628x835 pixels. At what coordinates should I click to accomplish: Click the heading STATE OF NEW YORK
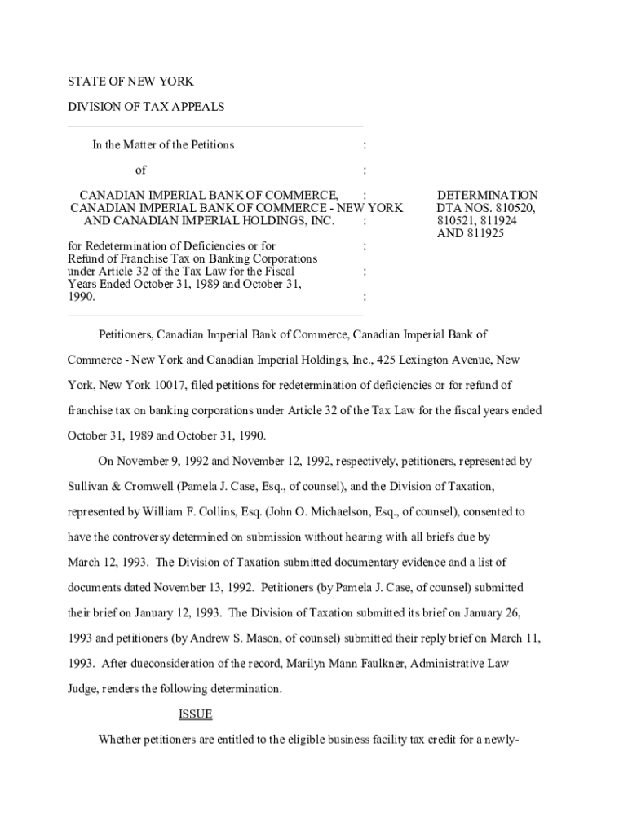130,82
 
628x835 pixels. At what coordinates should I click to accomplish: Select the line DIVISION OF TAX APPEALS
145,107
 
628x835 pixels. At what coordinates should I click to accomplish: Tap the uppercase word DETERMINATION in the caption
488,196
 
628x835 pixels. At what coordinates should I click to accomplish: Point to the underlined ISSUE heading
195,714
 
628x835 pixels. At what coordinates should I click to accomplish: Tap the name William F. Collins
161,511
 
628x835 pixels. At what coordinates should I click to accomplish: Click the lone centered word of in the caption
140,170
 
